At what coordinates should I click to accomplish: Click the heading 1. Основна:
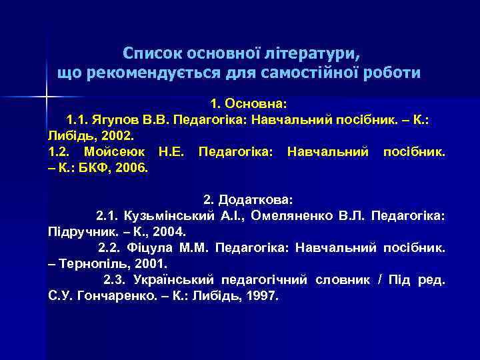248,105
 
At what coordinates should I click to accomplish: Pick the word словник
342,280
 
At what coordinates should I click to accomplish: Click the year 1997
261,295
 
